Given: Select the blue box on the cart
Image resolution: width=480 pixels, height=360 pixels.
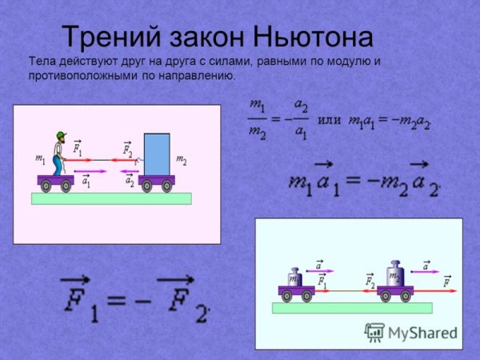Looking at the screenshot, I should tap(157, 154).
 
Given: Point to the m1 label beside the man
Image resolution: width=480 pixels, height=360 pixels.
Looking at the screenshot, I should tap(40, 159).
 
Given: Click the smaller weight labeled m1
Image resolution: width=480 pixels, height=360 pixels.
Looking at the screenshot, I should tap(294, 278).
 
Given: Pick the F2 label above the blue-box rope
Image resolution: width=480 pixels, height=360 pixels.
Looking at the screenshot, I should tap(128, 149).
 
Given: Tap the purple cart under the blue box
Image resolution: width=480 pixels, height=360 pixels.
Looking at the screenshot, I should tap(156, 182).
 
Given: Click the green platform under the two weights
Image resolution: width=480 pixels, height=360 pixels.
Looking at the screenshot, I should tap(351, 307).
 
